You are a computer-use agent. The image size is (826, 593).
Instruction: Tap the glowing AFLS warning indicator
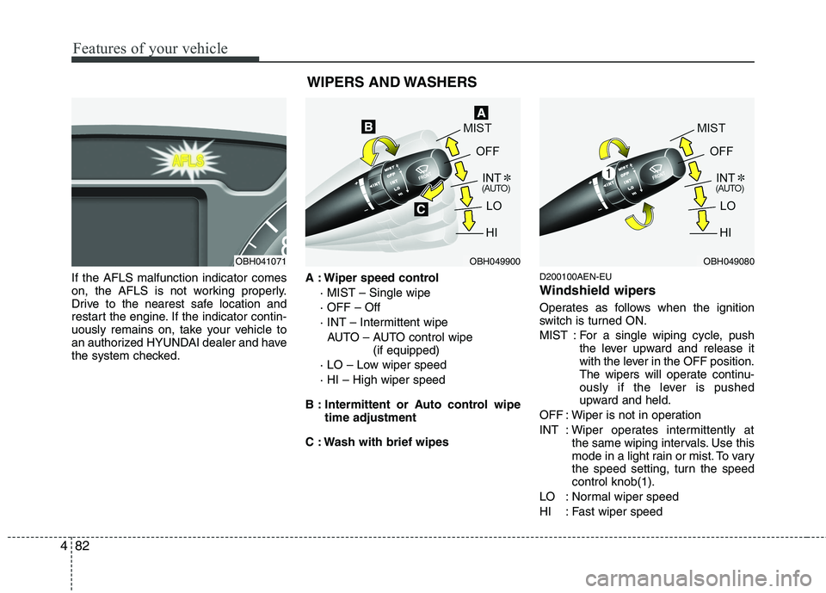(187, 159)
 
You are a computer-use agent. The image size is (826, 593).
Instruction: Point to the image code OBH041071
(259, 261)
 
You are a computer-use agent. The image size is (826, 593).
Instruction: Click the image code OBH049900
(494, 261)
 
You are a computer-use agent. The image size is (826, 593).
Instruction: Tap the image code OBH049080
(728, 261)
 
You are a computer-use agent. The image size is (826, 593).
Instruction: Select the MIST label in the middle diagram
(478, 128)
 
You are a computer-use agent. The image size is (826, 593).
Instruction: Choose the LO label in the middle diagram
(494, 207)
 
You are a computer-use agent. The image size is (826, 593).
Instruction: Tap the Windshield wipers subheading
(597, 291)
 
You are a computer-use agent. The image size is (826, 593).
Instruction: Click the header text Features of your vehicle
(149, 48)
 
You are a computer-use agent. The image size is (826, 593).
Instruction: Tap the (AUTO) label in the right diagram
(730, 187)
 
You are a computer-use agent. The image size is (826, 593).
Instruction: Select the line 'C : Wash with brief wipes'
(377, 442)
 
